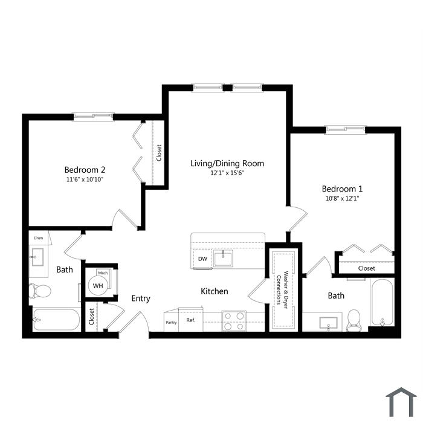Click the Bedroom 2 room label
click(x=85, y=170)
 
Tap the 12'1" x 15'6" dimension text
click(x=227, y=173)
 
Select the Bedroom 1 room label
click(x=342, y=189)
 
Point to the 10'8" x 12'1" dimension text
click(x=343, y=199)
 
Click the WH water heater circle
click(x=98, y=285)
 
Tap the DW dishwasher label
click(x=202, y=259)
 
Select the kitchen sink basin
click(x=223, y=259)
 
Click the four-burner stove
click(x=234, y=321)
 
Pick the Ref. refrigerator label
click(x=190, y=320)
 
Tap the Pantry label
click(x=171, y=322)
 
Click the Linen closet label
click(x=38, y=238)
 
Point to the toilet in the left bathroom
click(x=40, y=291)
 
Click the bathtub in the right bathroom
click(x=383, y=302)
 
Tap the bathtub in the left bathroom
click(x=56, y=320)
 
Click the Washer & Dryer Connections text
click(x=282, y=290)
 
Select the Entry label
click(x=141, y=299)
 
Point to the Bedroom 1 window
click(x=345, y=130)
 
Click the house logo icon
click(x=401, y=402)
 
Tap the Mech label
click(x=103, y=273)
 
